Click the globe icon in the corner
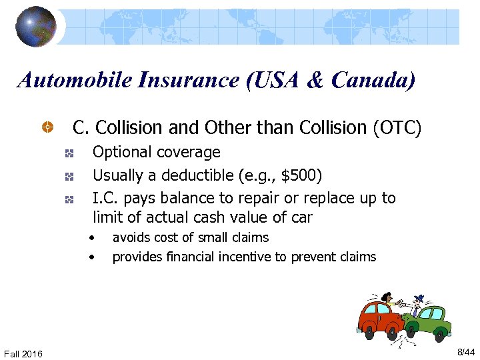36,26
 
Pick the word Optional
122,153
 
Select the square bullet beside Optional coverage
69,153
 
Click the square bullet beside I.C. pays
69,199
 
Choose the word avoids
131,237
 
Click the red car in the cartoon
379,321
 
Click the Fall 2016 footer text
23,353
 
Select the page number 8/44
465,351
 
